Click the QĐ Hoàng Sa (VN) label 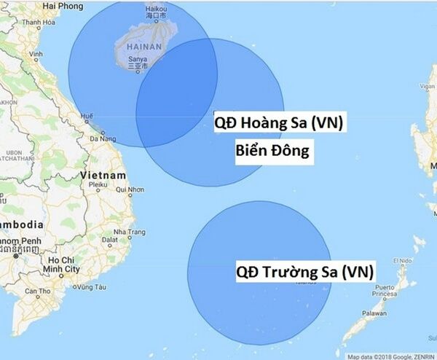tap(277, 123)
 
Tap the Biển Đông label tap(274, 152)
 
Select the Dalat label tap(109, 239)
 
